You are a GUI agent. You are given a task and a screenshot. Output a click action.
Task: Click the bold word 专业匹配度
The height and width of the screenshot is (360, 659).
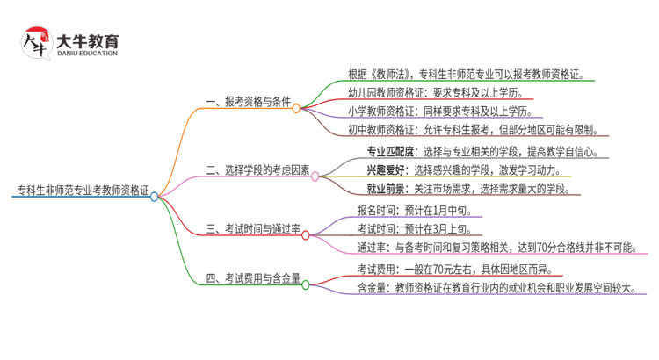point(388,150)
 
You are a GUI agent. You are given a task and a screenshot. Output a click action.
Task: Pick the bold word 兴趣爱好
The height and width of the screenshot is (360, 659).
point(384,169)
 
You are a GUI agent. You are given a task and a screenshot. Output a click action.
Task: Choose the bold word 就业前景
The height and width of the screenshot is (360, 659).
point(384,188)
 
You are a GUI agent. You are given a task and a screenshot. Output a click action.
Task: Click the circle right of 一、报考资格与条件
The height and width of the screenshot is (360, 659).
point(296,108)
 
